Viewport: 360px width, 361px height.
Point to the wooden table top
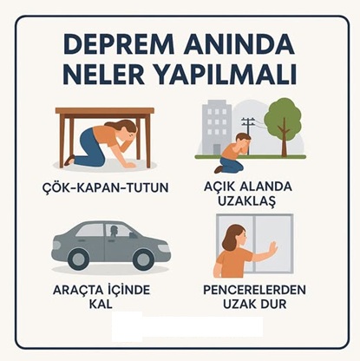point(104,112)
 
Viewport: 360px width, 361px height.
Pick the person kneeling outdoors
point(236,153)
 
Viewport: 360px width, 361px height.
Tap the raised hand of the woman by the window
point(272,250)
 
